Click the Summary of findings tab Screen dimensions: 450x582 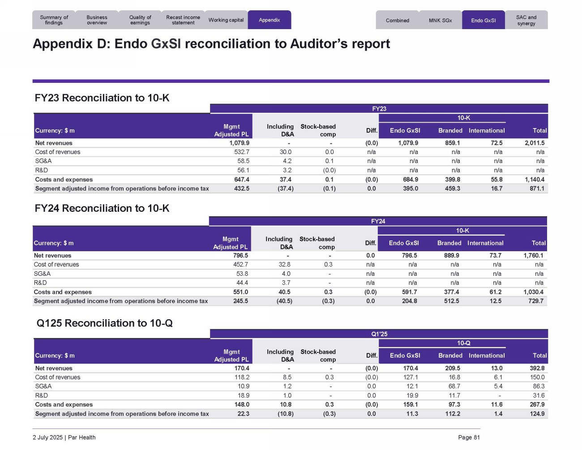pos(54,20)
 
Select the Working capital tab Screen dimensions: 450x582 pos(226,20)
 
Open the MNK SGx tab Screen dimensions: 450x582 pos(440,21)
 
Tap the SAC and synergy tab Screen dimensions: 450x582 pos(526,21)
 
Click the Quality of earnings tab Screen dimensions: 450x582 pos(140,20)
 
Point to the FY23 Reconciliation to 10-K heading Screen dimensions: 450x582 pos(102,98)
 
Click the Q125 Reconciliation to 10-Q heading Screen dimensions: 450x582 pos(104,323)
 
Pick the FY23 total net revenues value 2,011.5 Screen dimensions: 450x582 pos(535,143)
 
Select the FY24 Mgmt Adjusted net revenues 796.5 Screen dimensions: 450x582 pos(240,256)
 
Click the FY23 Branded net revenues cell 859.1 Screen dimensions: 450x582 pos(452,143)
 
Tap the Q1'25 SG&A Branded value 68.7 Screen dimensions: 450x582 pos(454,386)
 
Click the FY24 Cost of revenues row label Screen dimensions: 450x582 pos(56,265)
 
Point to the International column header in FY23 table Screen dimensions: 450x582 pos(487,131)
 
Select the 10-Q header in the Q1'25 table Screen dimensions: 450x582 pos(463,343)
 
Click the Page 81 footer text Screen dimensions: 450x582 pos(469,437)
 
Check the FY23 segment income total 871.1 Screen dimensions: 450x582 pos(537,189)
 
